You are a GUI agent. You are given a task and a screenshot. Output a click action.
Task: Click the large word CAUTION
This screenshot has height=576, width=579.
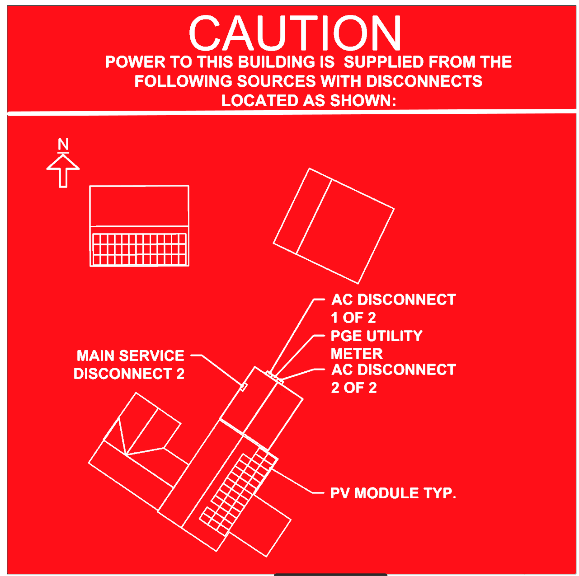pyautogui.click(x=295, y=33)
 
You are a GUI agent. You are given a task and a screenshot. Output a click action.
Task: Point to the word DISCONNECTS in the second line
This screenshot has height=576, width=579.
pyautogui.click(x=424, y=81)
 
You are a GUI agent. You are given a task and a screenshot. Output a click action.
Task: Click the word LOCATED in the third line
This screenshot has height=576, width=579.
pyautogui.click(x=259, y=100)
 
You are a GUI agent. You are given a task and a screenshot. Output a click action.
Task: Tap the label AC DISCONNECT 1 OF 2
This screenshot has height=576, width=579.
pyautogui.click(x=393, y=309)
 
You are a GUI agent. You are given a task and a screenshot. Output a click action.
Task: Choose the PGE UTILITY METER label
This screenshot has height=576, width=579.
pyautogui.click(x=377, y=344)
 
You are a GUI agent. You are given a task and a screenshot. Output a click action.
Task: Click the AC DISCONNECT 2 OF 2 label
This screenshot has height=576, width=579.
pyautogui.click(x=393, y=379)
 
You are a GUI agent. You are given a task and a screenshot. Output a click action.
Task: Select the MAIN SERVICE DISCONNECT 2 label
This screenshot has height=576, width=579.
pyautogui.click(x=129, y=364)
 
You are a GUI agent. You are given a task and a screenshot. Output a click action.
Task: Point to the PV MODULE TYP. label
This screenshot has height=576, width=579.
pyautogui.click(x=393, y=493)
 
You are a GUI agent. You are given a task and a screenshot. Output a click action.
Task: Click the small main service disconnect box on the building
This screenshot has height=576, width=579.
pyautogui.click(x=244, y=387)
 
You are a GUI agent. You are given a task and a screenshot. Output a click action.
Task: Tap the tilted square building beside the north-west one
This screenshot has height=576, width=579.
pyautogui.click(x=334, y=226)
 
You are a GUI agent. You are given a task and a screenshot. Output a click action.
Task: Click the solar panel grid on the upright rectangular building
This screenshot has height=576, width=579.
pyautogui.click(x=139, y=249)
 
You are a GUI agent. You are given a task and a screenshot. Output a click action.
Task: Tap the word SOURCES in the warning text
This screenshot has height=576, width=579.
pyautogui.click(x=277, y=81)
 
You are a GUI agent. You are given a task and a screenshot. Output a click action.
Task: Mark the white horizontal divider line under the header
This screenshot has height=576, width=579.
pyautogui.click(x=292, y=113)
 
